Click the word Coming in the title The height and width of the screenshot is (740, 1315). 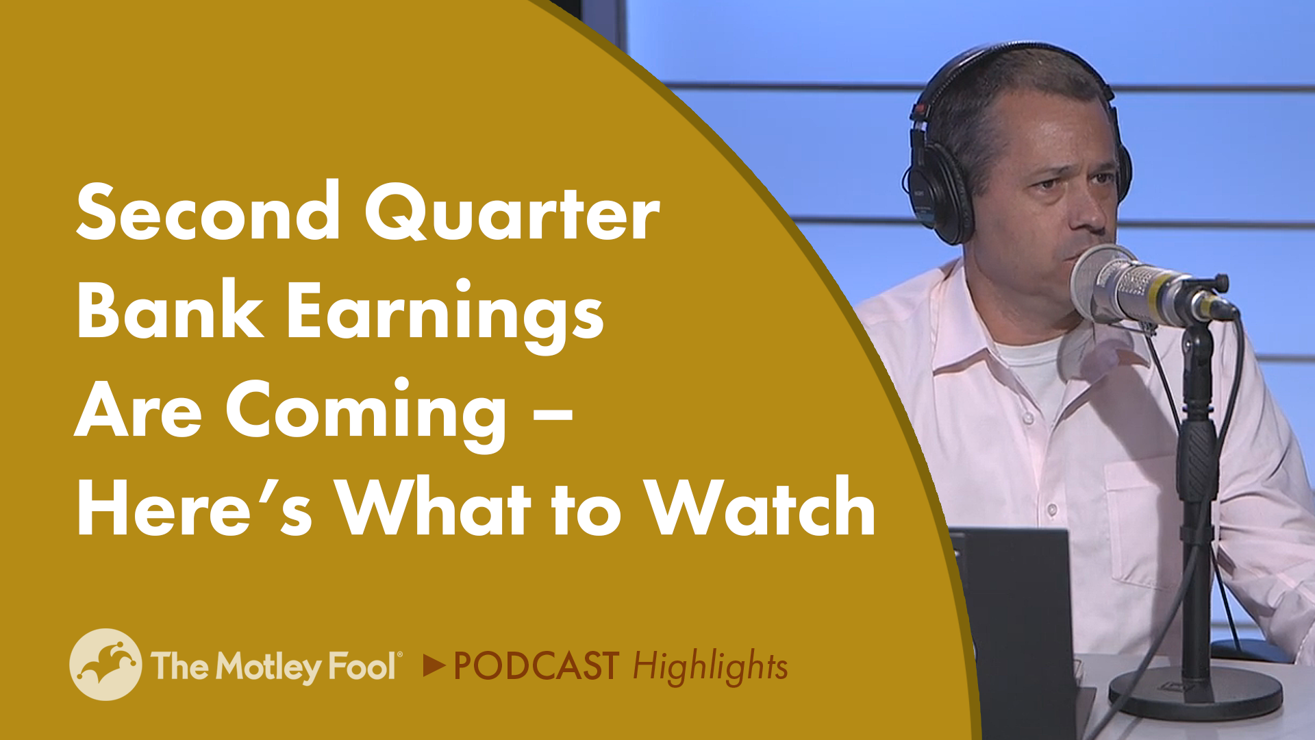366,411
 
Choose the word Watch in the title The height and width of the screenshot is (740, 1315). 760,508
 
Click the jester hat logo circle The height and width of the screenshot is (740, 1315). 105,664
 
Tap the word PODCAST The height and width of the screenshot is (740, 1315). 536,666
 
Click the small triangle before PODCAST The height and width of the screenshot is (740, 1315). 434,665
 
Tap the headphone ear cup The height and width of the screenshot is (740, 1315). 941,192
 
